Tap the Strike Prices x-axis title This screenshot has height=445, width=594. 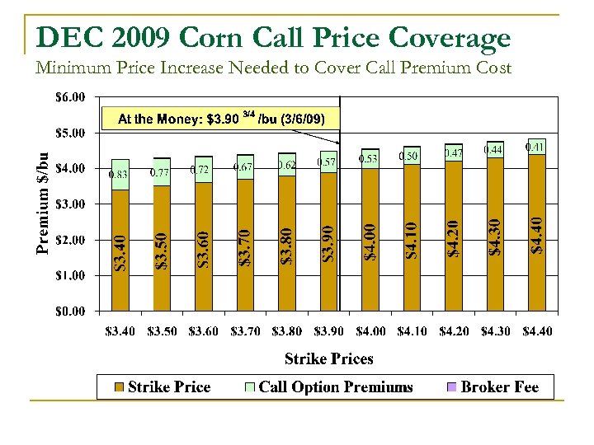328,358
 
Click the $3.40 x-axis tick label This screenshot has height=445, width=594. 121,331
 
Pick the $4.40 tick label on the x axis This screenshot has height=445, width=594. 536,331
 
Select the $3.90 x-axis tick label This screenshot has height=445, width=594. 328,331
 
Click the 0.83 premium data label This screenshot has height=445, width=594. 118,174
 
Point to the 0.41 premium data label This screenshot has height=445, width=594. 535,147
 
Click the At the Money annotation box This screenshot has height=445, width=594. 221,119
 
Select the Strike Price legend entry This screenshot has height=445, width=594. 162,387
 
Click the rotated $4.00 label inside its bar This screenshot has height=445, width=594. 371,239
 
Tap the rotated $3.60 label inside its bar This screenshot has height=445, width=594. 203,248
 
